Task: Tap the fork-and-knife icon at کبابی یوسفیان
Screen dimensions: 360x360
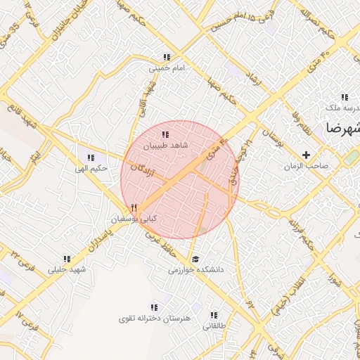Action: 134,208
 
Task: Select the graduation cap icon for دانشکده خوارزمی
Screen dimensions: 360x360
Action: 194,258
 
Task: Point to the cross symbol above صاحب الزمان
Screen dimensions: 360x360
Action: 306,155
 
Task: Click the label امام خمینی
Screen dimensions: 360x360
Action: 167,70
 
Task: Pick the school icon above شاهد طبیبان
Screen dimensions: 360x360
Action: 165,134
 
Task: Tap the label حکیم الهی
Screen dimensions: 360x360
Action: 93,169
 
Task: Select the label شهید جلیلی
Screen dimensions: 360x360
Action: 67,269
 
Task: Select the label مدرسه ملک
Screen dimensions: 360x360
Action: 342,108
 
